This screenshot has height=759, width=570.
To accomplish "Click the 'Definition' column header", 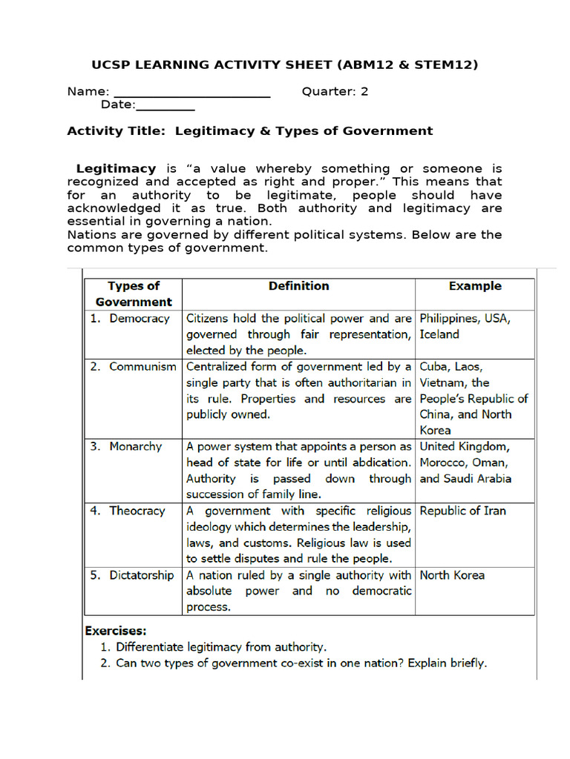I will pos(298,285).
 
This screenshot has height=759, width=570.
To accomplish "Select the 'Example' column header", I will pos(474,285).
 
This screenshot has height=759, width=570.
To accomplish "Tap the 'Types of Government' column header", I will pos(134,294).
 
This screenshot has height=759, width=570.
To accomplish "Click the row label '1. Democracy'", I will pos(131,318).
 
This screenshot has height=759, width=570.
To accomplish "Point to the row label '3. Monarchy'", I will pos(126,446).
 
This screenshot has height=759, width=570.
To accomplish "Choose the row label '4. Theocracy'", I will pos(129,511).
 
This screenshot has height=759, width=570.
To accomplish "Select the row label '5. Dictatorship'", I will pos(133,575).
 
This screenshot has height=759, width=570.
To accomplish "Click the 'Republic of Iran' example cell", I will pos(462,511).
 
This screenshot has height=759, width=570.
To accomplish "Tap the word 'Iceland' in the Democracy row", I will pos(439,334).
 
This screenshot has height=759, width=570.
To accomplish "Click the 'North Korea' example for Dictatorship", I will pos(452,575).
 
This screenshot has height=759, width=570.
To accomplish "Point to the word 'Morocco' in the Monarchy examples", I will pos(444,463).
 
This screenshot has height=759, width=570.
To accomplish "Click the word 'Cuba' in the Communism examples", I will pos(434,366).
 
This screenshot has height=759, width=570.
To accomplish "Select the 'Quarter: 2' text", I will pos(335,92).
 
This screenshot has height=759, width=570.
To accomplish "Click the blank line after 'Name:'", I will pos(191,94).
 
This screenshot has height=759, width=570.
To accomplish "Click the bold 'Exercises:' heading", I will pos(116,631).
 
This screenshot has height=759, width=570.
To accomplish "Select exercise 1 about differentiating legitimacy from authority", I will pos(220,647).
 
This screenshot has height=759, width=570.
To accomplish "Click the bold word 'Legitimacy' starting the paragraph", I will pos(116,168).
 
